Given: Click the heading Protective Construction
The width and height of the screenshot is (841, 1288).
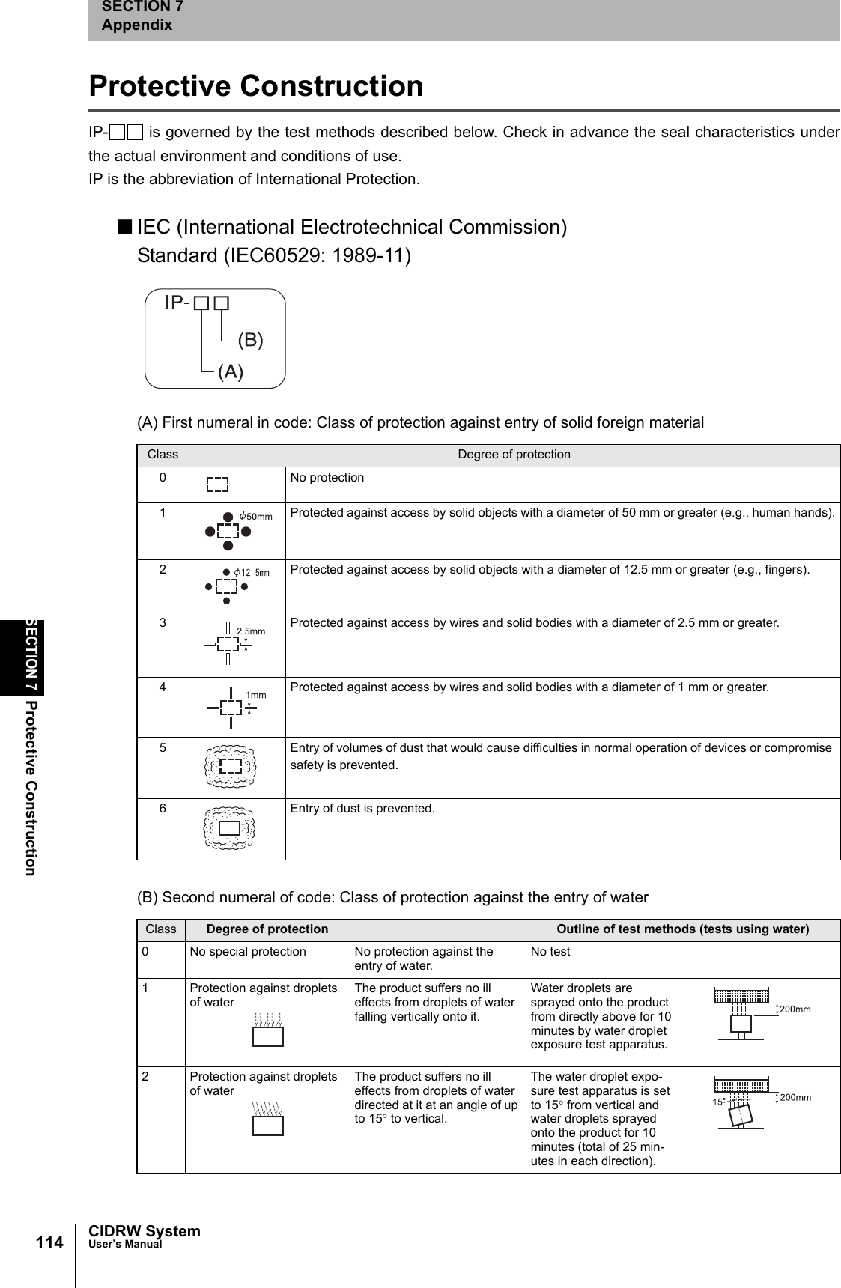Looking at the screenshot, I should point(255,85).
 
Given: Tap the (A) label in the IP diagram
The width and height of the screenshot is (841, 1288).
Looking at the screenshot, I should point(231,371).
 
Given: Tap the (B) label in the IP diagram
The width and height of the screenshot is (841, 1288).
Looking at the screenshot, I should point(250,340).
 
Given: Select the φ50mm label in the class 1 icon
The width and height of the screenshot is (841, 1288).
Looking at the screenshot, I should point(255,517).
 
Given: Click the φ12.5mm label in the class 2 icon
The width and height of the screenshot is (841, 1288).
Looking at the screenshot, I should point(251,572).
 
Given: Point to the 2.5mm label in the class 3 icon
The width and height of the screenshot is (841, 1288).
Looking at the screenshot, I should point(251,631).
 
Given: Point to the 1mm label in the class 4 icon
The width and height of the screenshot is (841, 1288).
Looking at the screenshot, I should point(256,695).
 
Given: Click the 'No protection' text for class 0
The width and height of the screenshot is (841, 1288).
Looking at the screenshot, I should point(327,477).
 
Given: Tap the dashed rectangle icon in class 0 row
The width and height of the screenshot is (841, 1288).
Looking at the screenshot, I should point(217,484).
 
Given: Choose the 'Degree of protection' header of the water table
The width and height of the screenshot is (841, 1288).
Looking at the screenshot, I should point(267,929).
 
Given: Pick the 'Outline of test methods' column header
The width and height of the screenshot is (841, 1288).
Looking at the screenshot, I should point(682,929).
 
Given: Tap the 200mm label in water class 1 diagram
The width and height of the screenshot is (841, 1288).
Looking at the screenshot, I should point(795,1009).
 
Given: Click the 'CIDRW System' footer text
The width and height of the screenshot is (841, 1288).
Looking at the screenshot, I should point(144,1231).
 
